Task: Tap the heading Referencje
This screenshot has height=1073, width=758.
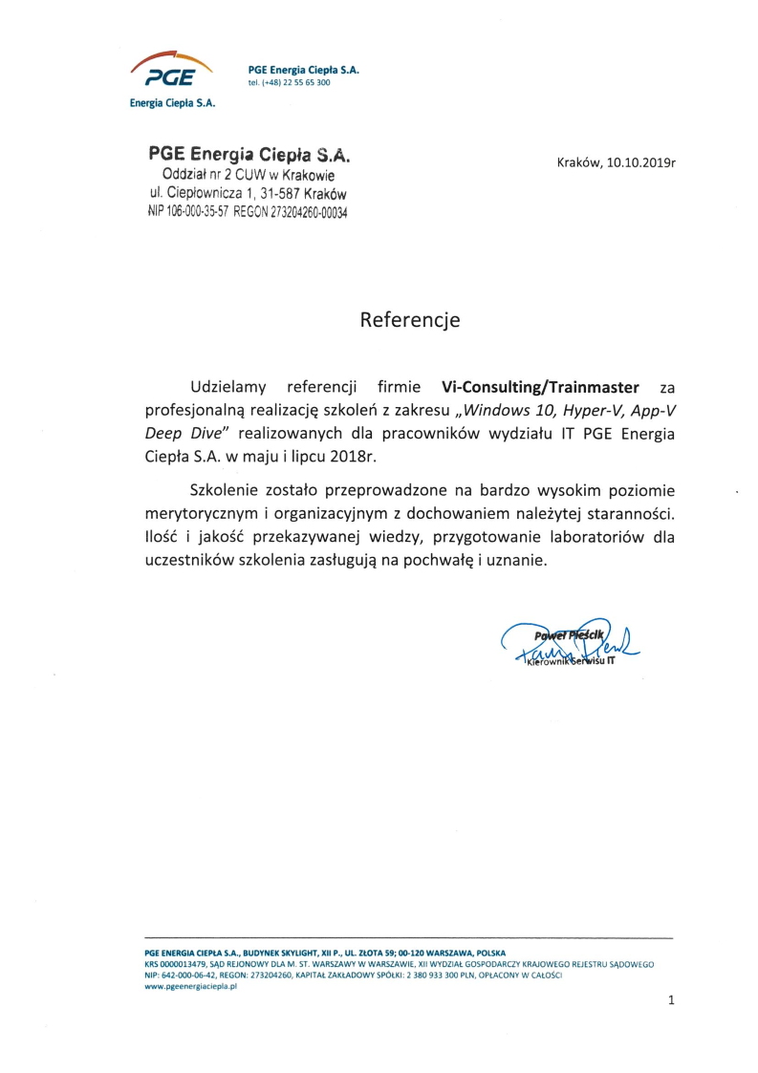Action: point(409,320)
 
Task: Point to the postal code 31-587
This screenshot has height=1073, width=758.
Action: point(275,195)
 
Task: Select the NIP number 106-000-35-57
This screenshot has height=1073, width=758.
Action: point(198,213)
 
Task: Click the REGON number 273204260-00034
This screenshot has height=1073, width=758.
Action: point(310,213)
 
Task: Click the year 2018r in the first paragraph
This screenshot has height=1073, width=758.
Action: point(351,456)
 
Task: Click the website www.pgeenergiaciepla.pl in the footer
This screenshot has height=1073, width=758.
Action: point(190,987)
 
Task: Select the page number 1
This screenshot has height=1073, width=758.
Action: point(671,1000)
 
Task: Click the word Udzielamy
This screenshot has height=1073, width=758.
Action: point(230,387)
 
